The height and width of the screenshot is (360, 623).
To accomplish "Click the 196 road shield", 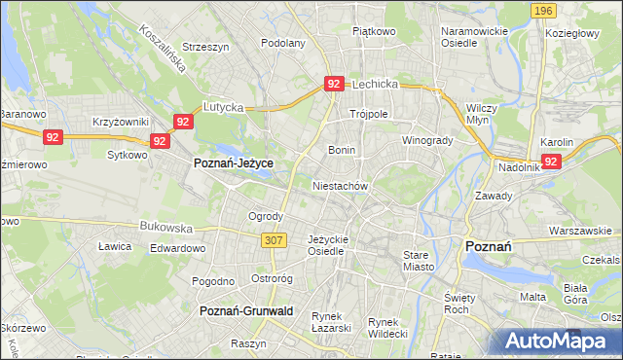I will point(544,11).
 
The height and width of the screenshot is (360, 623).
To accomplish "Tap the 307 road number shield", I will point(273,239).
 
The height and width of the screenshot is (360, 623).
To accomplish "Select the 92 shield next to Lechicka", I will point(334,85).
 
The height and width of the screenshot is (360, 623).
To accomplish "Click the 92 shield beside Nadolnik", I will point(551,162).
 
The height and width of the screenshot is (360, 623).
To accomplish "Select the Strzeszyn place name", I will point(204,46).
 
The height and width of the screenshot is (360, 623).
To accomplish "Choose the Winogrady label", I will point(428,139).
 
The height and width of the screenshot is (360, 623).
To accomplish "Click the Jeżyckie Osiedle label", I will point(327,244).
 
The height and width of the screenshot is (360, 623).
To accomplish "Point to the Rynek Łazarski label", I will point(331,322).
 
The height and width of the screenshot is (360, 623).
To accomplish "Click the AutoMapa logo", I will point(558,341).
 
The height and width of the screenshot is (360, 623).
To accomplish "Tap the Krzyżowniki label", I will point(120,121).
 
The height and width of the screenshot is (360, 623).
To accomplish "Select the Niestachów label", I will point(339,185).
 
